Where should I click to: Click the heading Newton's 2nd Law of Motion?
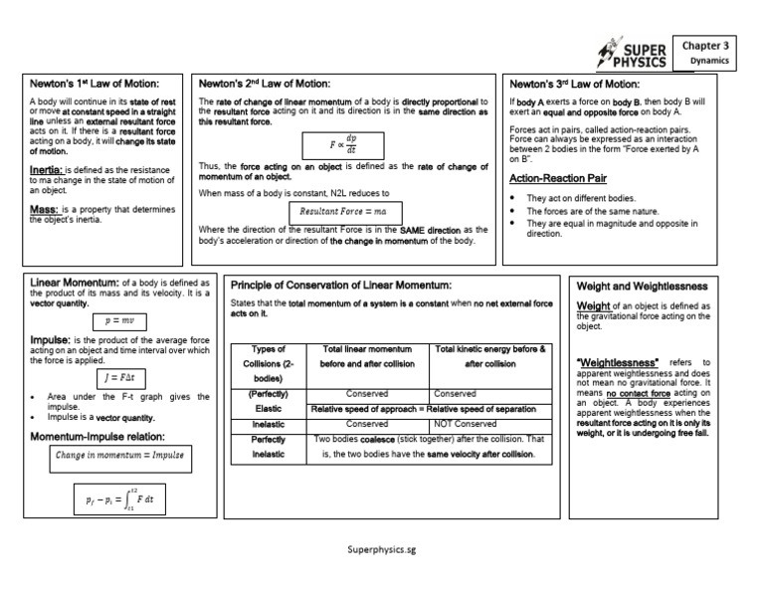(265, 84)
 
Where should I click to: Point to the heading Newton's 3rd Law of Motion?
(575, 84)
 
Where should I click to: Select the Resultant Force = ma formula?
(345, 212)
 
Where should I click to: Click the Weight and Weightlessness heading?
(643, 287)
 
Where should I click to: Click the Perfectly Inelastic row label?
(268, 446)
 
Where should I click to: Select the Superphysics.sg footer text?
(382, 549)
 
